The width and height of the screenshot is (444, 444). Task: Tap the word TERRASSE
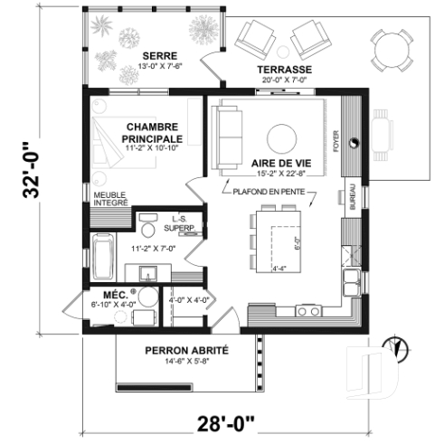[284, 70]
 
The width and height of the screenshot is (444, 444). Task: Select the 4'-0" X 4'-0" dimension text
[189, 299]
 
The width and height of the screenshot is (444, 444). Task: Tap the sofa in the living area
[225, 138]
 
